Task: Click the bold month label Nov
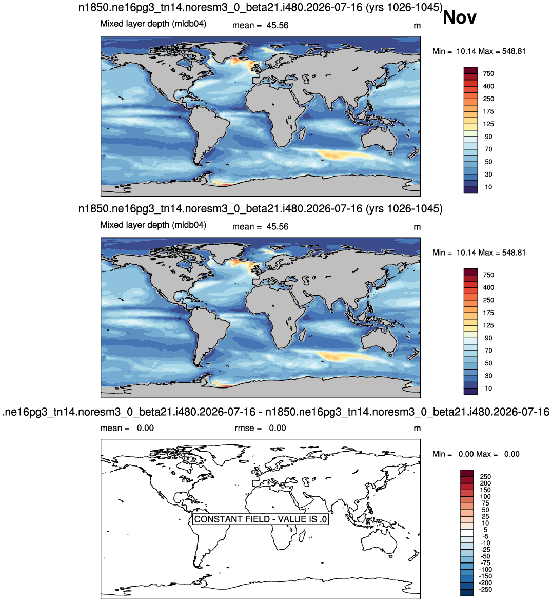point(460,17)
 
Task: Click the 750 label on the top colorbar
point(488,74)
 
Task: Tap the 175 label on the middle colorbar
point(488,313)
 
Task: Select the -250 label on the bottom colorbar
point(486,589)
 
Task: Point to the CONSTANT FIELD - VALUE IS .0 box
point(260,519)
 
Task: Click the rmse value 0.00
point(277,428)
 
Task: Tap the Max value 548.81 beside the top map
point(514,51)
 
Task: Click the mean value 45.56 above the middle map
point(277,227)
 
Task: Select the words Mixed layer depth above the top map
point(135,24)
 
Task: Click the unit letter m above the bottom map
point(417,429)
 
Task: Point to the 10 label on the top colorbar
point(488,187)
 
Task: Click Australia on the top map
point(380,140)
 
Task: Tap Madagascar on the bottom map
point(303,534)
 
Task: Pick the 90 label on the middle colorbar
point(488,338)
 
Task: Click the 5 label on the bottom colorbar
point(486,530)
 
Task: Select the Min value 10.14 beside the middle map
point(465,253)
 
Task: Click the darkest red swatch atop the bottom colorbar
point(467,473)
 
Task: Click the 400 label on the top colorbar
point(488,86)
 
